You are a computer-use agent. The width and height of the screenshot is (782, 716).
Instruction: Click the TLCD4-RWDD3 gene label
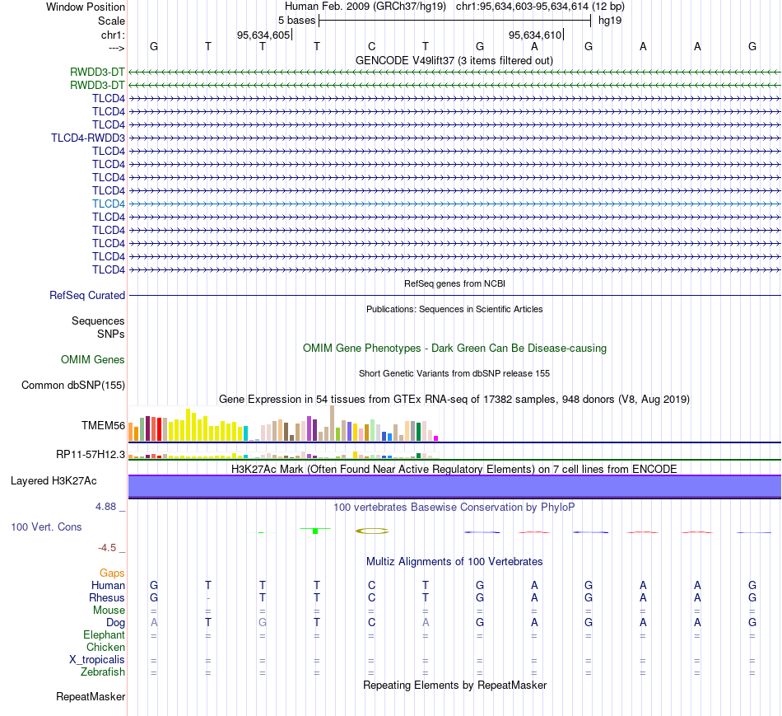pos(88,138)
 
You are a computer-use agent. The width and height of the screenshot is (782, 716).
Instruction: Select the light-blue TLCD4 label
pos(108,204)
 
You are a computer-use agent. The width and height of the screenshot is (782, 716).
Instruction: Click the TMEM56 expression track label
pos(103,425)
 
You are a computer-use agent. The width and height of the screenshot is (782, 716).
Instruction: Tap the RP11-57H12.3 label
pos(91,454)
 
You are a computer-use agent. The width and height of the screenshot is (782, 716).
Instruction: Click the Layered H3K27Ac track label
pos(54,481)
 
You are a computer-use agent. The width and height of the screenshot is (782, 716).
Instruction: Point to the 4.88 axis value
pos(105,507)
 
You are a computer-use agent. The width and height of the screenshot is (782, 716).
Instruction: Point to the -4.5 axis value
pos(107,548)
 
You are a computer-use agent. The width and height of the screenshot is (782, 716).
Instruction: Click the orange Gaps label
pos(112,573)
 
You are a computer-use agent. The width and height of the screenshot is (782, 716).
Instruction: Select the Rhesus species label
pos(107,597)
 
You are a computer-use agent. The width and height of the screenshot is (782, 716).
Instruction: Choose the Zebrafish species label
pos(103,672)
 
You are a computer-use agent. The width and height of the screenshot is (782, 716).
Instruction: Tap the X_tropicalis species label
pos(97,660)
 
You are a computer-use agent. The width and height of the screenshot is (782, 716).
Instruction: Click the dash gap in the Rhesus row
pos(208,598)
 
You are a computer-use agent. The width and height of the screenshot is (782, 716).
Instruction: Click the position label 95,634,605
pos(263,35)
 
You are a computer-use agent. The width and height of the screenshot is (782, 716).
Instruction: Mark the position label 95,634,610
pos(535,35)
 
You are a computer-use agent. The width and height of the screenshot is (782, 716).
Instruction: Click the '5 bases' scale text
pos(296,21)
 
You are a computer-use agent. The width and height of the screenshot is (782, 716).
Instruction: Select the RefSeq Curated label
pos(87,296)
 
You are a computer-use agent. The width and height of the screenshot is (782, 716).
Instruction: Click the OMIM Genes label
pos(93,359)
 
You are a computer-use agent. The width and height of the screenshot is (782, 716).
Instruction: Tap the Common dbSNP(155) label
pos(73,385)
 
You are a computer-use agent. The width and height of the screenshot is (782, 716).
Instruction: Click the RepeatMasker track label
pos(91,696)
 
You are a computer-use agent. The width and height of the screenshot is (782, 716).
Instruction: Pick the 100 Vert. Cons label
pos(46,526)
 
